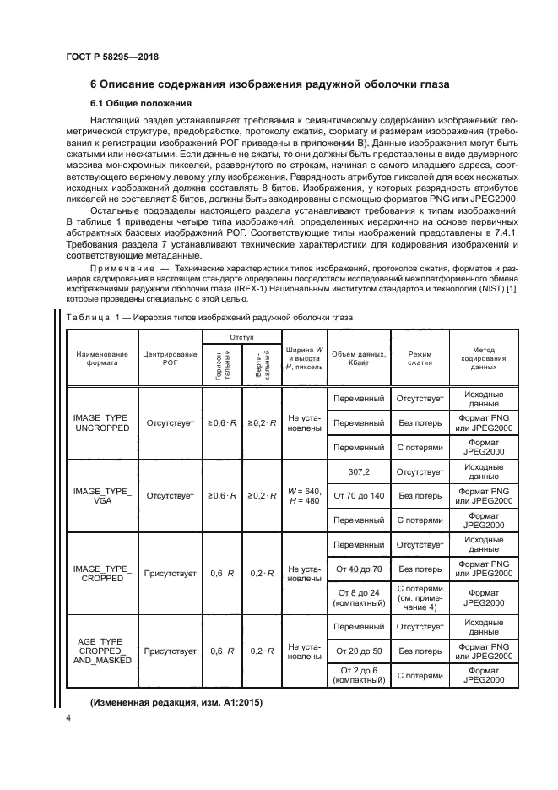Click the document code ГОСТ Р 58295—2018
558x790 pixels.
pyautogui.click(x=111, y=57)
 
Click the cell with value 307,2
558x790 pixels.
pyautogui.click(x=359, y=471)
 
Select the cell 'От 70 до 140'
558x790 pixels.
pyautogui.click(x=359, y=495)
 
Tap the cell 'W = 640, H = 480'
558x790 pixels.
pyautogui.click(x=304, y=495)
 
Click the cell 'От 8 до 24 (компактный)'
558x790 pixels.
pyautogui.click(x=359, y=599)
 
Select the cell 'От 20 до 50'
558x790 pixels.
pyautogui.click(x=359, y=651)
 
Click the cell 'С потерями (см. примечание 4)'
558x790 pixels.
pyautogui.click(x=420, y=599)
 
